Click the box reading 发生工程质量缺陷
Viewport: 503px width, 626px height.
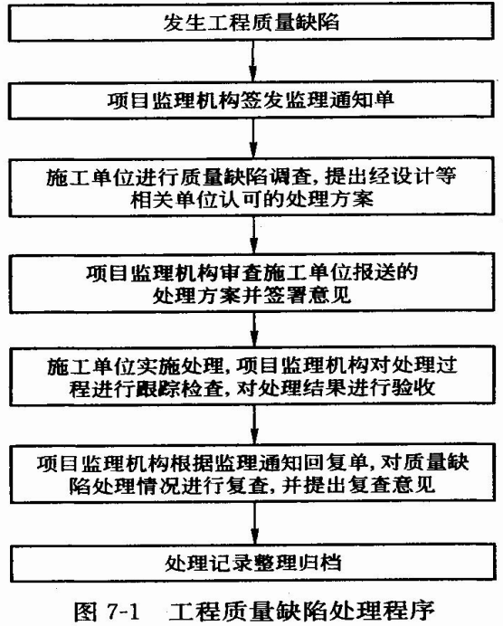point(251,22)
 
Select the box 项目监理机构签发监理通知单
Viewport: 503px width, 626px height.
point(251,100)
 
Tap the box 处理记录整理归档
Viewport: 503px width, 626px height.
point(252,563)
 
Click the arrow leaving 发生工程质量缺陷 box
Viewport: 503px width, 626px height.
point(252,62)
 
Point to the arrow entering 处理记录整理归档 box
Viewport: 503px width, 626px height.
point(255,523)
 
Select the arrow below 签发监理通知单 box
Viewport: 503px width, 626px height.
point(253,138)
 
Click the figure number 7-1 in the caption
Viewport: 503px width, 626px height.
point(123,611)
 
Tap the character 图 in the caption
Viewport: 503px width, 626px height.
point(85,611)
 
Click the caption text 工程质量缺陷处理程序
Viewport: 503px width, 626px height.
point(302,611)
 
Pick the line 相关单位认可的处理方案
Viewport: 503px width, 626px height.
point(251,199)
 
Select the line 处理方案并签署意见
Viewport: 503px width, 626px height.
point(251,296)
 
